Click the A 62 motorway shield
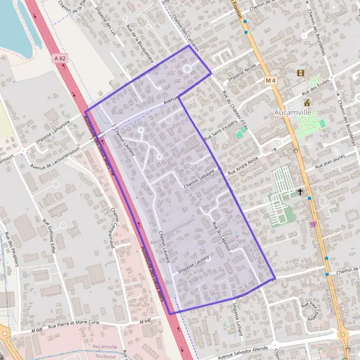tap(58, 58)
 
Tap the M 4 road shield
tap(271, 80)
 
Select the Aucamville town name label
tap(292, 111)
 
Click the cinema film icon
tap(300, 73)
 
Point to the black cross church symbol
tap(300, 192)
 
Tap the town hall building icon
tap(307, 103)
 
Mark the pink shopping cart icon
tap(312, 224)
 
